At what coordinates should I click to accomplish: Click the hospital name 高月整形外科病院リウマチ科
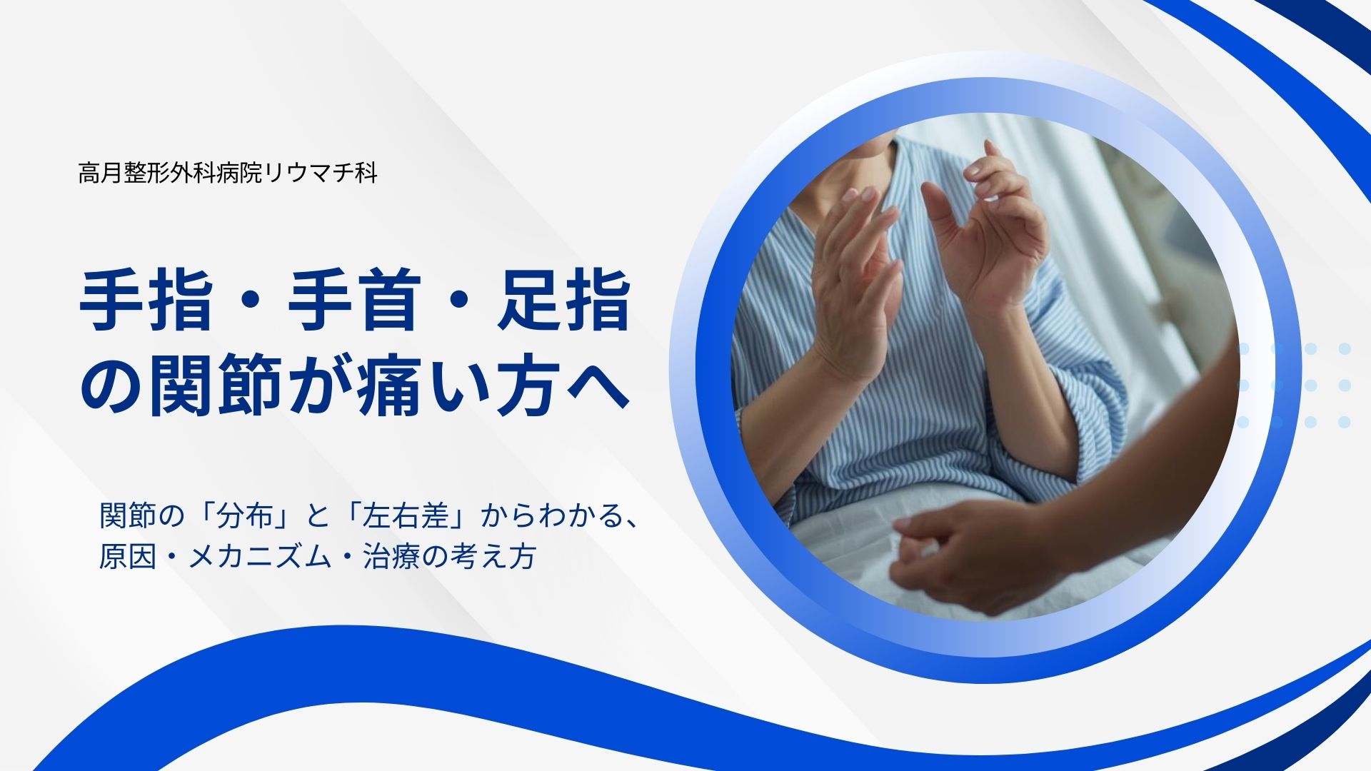pyautogui.click(x=228, y=173)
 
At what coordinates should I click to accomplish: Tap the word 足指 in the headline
pyautogui.click(x=564, y=301)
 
